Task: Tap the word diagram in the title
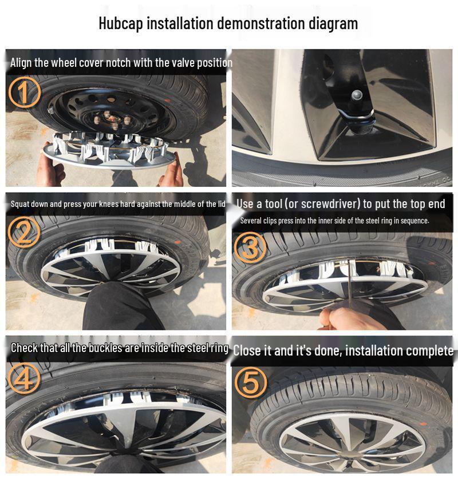coord(332,23)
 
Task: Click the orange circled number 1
coord(24,93)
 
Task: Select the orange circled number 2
coord(24,231)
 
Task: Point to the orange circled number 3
coord(251,248)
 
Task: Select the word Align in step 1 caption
coord(21,63)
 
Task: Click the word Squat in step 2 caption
coord(21,204)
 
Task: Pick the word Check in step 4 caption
coord(25,348)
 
